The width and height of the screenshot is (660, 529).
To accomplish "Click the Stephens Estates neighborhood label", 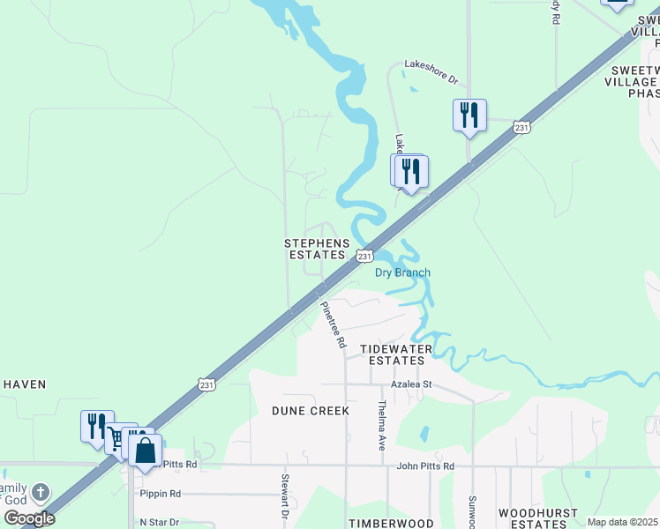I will [x=315, y=249].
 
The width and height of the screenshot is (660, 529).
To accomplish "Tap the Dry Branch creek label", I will [x=402, y=272].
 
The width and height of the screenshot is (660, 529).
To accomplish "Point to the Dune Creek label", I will [x=311, y=411].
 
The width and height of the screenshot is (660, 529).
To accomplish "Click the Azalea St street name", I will [x=411, y=384].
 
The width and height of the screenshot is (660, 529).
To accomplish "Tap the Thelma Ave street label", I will [x=382, y=426].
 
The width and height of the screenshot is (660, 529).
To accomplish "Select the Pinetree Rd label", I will [x=332, y=325].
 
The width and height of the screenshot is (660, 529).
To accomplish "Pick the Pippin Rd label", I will [x=160, y=494].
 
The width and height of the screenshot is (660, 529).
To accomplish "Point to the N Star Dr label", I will [x=159, y=522].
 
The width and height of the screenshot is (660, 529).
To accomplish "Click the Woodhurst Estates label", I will [x=538, y=518].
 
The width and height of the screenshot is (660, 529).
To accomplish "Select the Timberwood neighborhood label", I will [x=391, y=523].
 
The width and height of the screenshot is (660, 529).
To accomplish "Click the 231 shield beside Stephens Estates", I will [x=364, y=256].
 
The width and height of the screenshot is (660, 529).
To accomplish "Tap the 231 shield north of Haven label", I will [x=205, y=384].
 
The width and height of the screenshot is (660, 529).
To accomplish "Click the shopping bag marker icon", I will [x=145, y=451].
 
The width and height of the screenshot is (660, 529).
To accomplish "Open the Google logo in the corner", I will [x=29, y=518].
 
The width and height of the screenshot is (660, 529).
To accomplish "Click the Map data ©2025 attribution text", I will [x=622, y=522].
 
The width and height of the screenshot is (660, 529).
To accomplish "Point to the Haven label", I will [x=24, y=384].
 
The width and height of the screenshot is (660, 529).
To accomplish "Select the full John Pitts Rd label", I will [x=425, y=466].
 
